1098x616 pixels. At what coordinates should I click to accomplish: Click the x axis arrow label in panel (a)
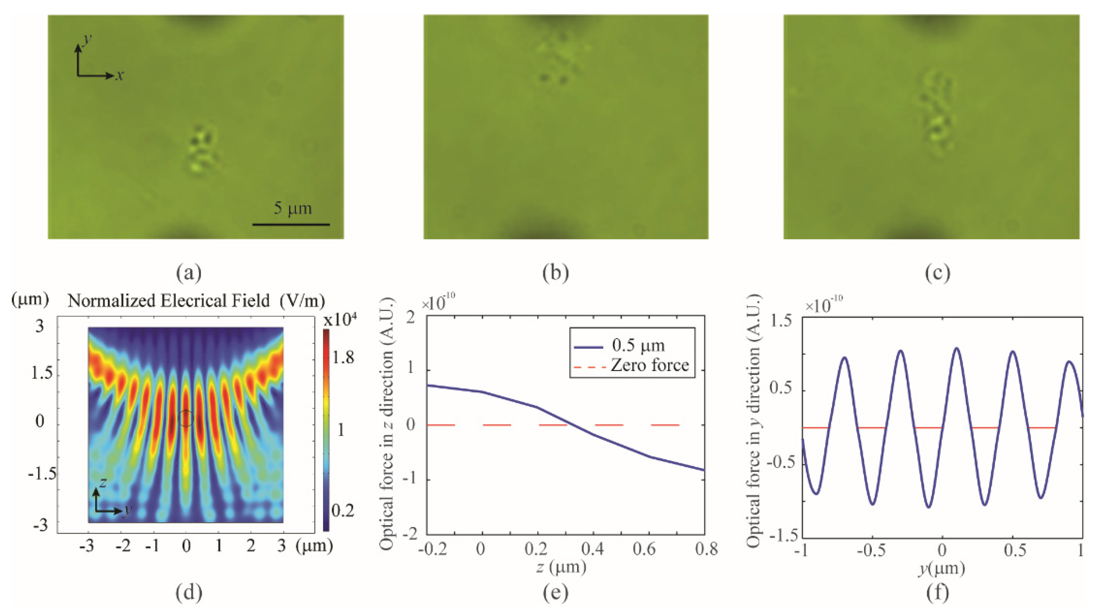point(120,76)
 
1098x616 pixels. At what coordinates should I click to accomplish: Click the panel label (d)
point(189,593)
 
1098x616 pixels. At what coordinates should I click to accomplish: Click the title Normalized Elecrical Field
point(169,301)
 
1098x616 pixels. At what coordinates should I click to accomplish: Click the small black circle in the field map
point(185,418)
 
